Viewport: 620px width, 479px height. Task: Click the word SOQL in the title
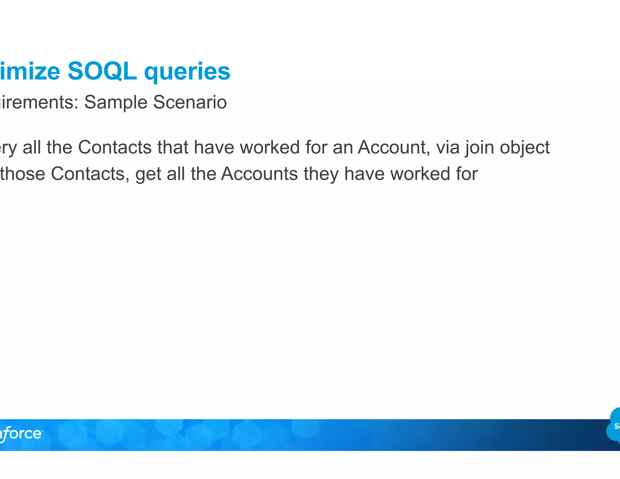coord(102,71)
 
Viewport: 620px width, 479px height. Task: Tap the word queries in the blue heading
coord(187,72)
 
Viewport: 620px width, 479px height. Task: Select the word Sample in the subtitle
coord(115,102)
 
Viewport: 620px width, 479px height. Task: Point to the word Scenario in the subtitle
coord(190,102)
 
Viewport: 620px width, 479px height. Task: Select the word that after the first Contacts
coord(173,147)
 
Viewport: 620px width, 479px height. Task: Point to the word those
coord(22,174)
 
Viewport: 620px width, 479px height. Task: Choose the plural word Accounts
coord(259,174)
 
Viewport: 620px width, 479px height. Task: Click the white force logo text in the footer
coord(21,434)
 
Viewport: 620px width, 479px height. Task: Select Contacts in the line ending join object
coord(115,147)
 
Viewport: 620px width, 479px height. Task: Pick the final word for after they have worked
coord(467,174)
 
